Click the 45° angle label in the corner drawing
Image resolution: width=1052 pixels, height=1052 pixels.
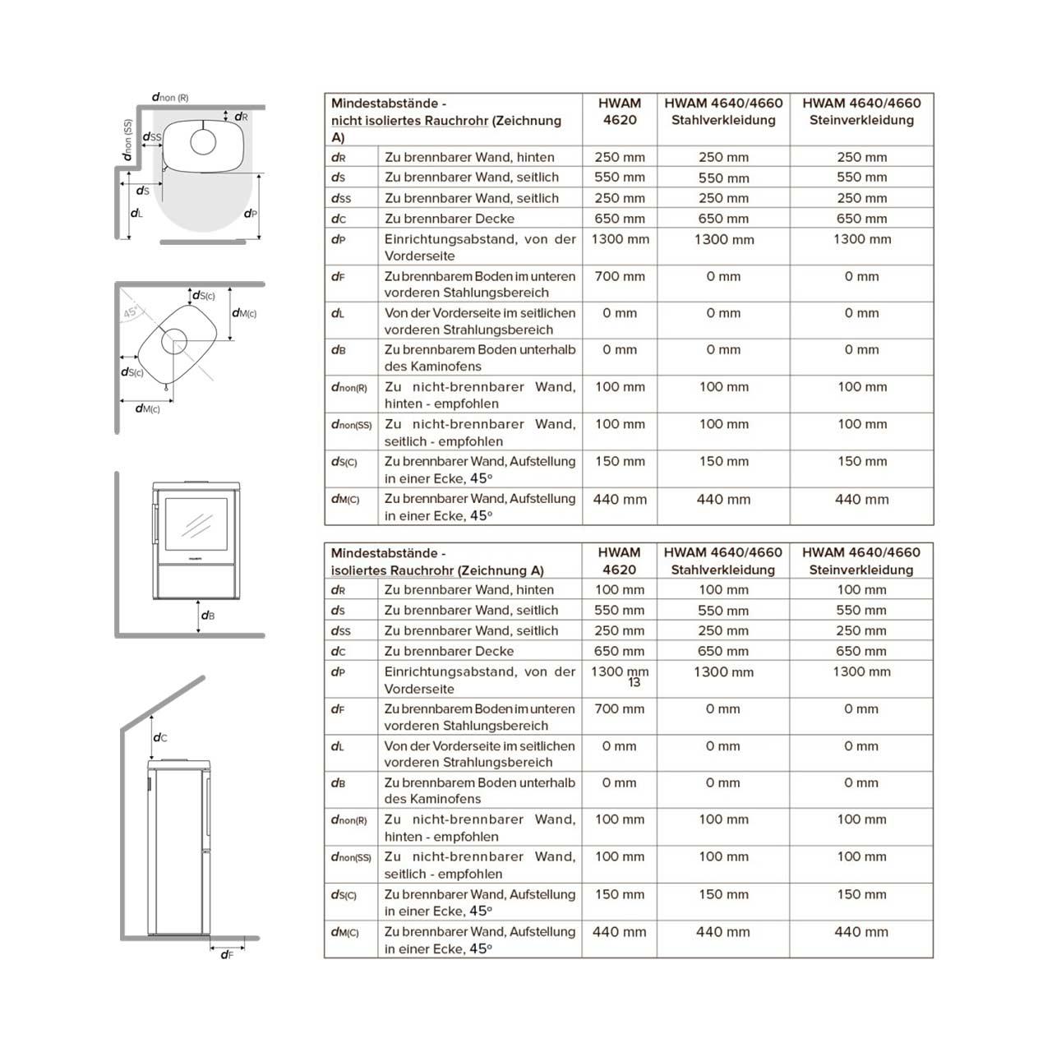[131, 313]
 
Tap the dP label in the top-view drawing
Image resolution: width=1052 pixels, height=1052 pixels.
[251, 214]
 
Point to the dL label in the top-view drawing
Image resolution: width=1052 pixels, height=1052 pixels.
[136, 213]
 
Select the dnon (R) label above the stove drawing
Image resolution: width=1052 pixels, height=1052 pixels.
[170, 97]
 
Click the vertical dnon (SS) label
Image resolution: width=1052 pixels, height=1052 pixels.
[127, 140]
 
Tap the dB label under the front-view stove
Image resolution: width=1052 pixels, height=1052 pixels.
[208, 615]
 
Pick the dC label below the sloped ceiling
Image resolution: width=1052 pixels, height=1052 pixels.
[160, 737]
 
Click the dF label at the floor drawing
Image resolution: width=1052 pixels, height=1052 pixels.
[227, 954]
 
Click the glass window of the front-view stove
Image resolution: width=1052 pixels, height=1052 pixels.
[197, 523]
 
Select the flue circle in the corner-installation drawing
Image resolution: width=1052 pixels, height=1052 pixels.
[173, 340]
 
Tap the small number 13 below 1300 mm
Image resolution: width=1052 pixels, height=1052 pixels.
[634, 683]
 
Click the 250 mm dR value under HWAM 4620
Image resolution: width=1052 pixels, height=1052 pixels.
[620, 157]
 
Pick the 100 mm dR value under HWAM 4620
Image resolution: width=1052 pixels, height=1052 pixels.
[620, 589]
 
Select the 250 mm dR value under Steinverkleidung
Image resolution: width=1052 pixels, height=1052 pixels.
[861, 157]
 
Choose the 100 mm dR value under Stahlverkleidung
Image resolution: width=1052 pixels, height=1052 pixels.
[723, 589]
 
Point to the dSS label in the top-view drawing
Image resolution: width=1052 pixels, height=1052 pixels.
[152, 137]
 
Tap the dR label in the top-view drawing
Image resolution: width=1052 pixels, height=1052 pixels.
[241, 117]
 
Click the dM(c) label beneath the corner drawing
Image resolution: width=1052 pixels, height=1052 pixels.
[148, 408]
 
